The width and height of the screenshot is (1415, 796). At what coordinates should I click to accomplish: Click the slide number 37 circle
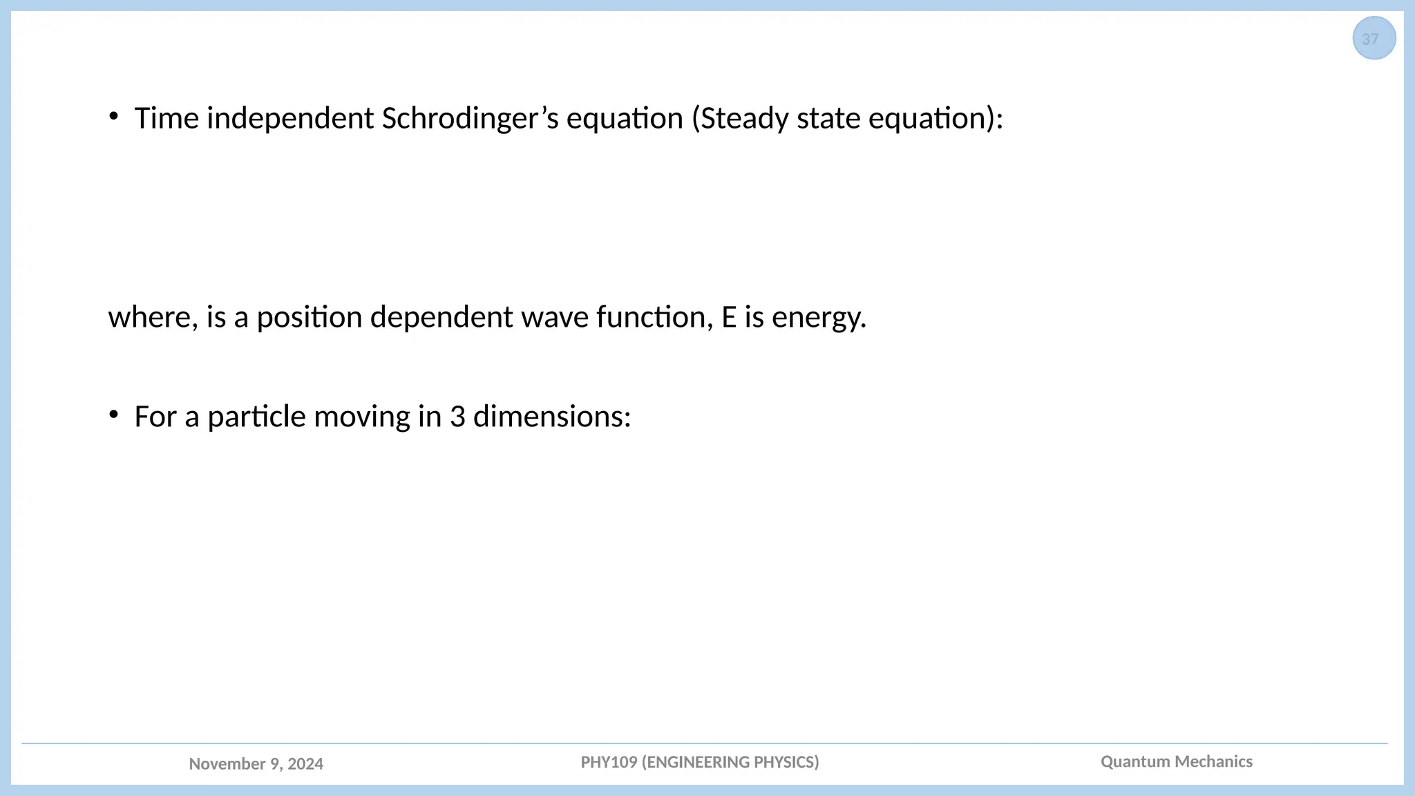pyautogui.click(x=1374, y=39)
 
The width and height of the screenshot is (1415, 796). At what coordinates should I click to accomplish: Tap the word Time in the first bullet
pyautogui.click(x=167, y=119)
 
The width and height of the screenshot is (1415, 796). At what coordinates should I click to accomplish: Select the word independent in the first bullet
pyautogui.click(x=290, y=119)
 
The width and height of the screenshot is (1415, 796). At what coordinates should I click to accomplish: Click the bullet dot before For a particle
pyautogui.click(x=113, y=415)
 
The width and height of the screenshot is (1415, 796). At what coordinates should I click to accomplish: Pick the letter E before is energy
pyautogui.click(x=729, y=318)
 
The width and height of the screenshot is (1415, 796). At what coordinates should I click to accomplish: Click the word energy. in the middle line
pyautogui.click(x=819, y=318)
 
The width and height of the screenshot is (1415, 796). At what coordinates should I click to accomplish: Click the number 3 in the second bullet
pyautogui.click(x=457, y=417)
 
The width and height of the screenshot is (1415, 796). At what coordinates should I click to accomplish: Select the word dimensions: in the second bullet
pyautogui.click(x=552, y=417)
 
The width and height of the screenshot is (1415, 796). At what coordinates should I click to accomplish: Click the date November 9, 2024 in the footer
pyautogui.click(x=256, y=764)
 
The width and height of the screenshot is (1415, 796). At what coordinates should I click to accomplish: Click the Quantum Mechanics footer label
pyautogui.click(x=1176, y=761)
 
